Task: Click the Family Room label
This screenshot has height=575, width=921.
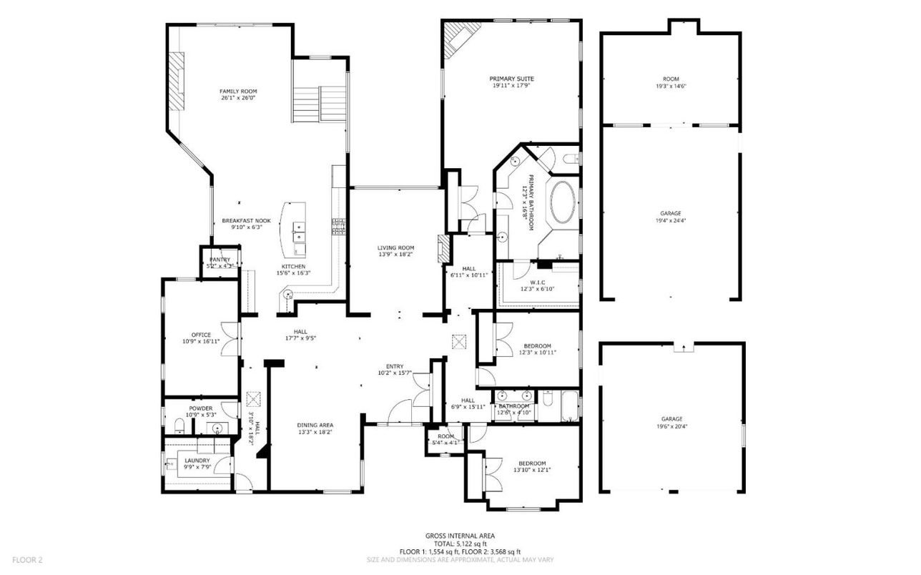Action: [x=238, y=92]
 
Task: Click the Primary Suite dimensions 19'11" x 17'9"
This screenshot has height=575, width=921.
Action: [x=511, y=87]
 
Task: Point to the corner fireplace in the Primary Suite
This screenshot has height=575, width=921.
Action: [x=458, y=39]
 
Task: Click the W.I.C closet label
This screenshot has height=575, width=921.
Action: [x=538, y=282]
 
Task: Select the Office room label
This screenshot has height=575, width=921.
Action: [x=201, y=335]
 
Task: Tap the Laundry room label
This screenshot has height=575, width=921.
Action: [x=197, y=461]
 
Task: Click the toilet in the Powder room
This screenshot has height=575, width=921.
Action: [x=179, y=428]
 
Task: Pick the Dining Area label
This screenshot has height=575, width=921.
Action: [x=315, y=425]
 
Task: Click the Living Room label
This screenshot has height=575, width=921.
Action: [x=396, y=247]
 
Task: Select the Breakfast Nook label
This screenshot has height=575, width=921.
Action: [x=246, y=221]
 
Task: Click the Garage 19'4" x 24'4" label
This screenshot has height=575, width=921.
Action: [x=671, y=213]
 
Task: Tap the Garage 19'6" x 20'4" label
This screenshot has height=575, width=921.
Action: [x=671, y=419]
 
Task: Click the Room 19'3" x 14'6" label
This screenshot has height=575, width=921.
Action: [x=671, y=79]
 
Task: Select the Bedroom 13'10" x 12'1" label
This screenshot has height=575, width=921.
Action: [x=532, y=463]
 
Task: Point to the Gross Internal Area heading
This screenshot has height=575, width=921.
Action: [x=460, y=536]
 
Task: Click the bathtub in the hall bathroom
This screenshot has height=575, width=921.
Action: [x=568, y=407]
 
